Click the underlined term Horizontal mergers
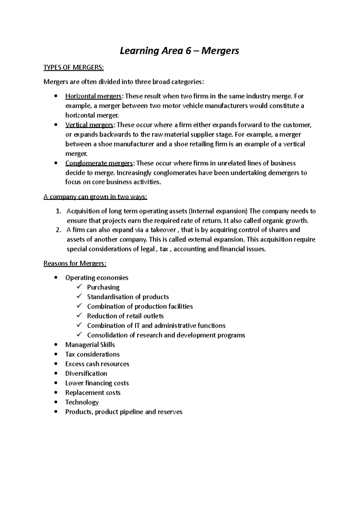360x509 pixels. coord(93,96)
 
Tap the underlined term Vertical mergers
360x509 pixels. coord(89,125)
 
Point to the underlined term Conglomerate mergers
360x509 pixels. coord(99,163)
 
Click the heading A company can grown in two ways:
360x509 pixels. coord(95,197)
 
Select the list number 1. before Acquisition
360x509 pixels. coord(59,211)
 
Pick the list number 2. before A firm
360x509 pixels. coord(59,230)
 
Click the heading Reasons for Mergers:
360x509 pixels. coord(75,263)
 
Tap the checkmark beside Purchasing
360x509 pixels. coord(79,287)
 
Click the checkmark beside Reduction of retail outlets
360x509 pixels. coord(79,316)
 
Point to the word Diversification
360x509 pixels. coord(86,374)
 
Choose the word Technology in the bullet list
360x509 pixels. coord(82,402)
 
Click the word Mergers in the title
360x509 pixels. coord(220,51)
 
